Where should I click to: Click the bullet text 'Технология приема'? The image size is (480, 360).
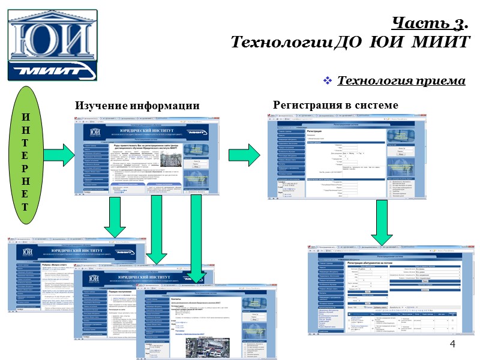click(x=401, y=81)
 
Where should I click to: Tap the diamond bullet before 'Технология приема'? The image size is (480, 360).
click(x=328, y=81)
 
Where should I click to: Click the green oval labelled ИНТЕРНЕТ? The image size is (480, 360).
click(x=25, y=155)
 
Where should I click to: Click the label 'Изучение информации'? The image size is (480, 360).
click(x=137, y=106)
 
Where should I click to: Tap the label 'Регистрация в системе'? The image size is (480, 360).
click(x=335, y=105)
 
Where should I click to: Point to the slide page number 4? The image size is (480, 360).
click(x=452, y=344)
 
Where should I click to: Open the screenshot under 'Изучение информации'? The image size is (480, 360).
click(x=147, y=159)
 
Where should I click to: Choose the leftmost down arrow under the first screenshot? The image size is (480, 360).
click(x=114, y=219)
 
